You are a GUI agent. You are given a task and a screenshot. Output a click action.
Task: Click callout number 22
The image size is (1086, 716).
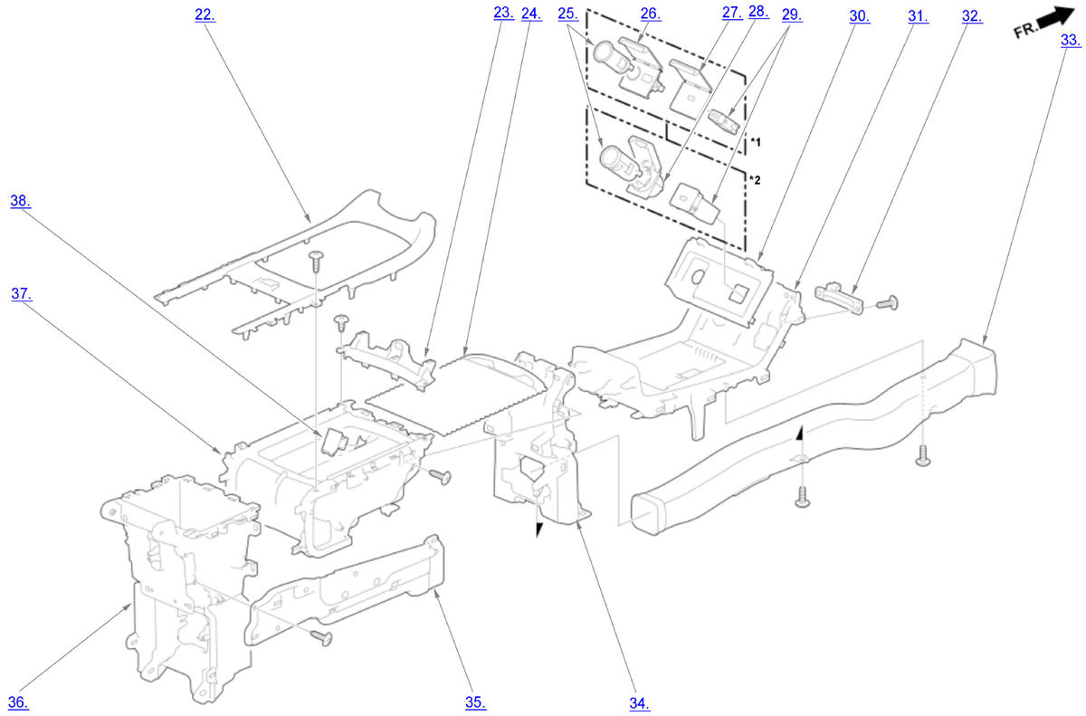(205, 14)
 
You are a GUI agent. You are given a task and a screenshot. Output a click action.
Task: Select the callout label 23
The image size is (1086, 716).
(503, 13)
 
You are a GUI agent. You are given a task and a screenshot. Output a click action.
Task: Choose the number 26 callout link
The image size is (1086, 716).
(651, 14)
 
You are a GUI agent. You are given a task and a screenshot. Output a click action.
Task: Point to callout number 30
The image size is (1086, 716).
(859, 15)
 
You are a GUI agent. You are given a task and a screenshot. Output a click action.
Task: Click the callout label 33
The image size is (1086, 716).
(1071, 40)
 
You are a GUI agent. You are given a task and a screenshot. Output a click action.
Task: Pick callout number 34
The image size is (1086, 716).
(640, 702)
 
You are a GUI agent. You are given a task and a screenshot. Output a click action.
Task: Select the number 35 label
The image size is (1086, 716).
(476, 702)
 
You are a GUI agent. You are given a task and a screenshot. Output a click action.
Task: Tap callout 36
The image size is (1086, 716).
(19, 702)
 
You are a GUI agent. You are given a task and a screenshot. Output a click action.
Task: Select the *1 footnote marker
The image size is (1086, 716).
(756, 142)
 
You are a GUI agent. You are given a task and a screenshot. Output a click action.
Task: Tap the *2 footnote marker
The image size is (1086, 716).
(756, 179)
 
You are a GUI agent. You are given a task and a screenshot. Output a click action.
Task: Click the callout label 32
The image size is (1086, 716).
(971, 15)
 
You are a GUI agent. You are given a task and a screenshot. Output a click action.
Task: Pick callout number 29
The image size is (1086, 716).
(790, 14)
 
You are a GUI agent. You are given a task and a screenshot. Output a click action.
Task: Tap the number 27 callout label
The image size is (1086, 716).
(731, 13)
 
